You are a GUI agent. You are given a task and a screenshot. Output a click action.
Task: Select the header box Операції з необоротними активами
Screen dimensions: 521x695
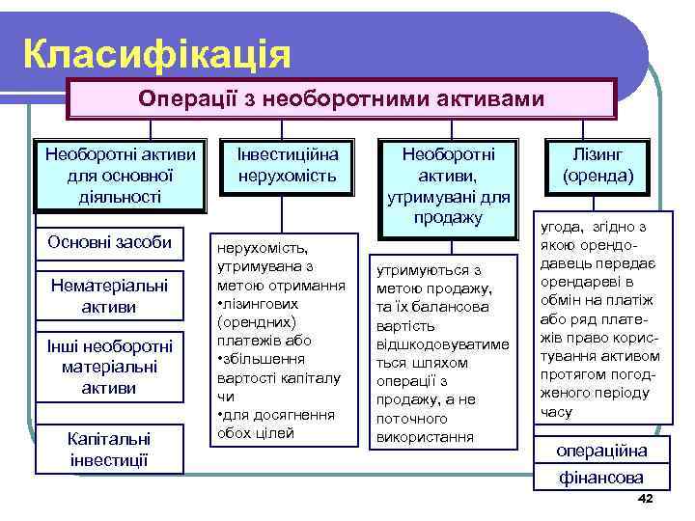click(x=341, y=99)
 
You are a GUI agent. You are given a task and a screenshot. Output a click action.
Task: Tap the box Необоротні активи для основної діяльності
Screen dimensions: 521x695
click(x=121, y=176)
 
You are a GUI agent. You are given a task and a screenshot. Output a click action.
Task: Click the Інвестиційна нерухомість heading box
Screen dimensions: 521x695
click(x=281, y=165)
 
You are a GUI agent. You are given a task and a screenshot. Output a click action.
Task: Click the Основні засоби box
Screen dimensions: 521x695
click(x=109, y=241)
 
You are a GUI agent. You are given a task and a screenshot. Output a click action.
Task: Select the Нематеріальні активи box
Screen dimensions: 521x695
click(x=109, y=295)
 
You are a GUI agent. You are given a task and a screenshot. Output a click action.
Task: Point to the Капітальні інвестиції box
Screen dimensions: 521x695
click(x=109, y=448)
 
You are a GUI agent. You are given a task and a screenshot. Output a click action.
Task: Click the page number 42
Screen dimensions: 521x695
click(x=646, y=497)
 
